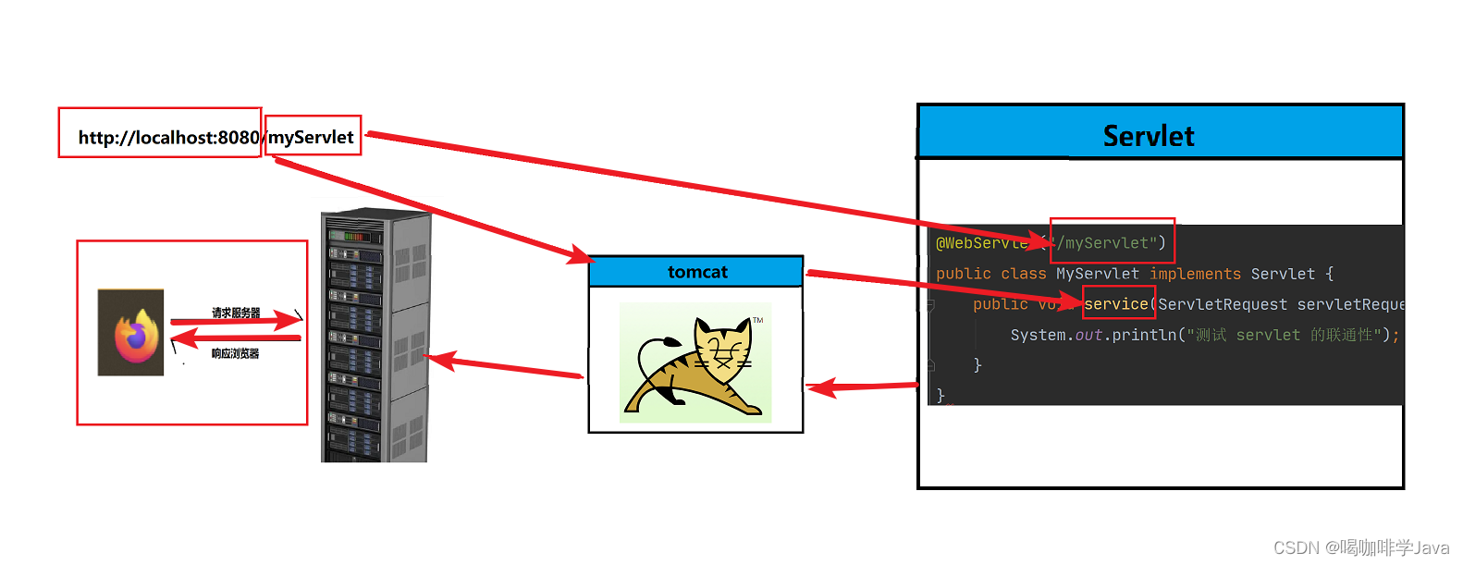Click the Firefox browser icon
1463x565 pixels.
[131, 333]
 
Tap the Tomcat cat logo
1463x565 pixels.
[695, 363]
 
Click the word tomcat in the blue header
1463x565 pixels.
[697, 272]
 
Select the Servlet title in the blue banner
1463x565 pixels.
[1149, 136]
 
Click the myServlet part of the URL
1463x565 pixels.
[312, 137]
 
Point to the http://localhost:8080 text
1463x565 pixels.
[167, 138]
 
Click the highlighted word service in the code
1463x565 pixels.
[1116, 304]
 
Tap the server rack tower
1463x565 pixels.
[375, 335]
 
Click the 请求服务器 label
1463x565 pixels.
[236, 313]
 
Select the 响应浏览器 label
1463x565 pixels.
[235, 353]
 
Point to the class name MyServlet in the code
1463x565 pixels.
[1098, 274]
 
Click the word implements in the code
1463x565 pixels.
[1195, 274]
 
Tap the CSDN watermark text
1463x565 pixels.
[1360, 547]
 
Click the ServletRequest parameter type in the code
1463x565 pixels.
[1222, 304]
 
